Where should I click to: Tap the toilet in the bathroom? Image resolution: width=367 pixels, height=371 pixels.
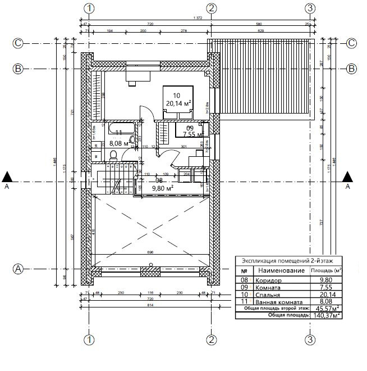[113, 155]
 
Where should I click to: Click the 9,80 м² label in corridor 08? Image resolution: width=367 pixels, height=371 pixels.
[162, 188]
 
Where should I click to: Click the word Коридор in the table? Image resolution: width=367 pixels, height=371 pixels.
[268, 280]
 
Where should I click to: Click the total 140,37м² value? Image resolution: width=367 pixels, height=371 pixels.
[328, 315]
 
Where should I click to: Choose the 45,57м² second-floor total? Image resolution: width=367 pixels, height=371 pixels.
[328, 309]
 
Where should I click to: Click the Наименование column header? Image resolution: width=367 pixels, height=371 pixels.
[281, 270]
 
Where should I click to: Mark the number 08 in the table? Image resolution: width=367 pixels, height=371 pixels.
[244, 280]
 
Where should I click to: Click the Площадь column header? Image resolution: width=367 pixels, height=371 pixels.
[326, 270]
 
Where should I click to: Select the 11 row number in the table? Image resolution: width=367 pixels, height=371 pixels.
[244, 301]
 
